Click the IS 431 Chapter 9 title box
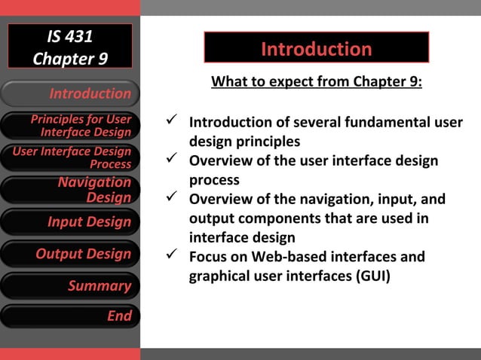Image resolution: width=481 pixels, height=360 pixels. coord(70,47)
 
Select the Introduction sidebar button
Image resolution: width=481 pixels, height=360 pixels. coord(70,93)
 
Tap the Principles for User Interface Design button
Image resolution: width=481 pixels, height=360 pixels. coord(70,126)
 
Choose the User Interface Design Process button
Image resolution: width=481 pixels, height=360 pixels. coord(70,157)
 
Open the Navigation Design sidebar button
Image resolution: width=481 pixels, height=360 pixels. coord(70,190)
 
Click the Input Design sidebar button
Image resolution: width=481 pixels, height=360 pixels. coord(70,222)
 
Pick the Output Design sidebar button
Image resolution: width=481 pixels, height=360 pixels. coord(70,254)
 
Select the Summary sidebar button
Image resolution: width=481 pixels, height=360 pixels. coord(70,285)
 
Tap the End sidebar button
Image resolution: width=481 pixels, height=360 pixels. coord(70,316)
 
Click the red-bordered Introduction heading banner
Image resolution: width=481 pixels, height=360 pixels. coord(316,49)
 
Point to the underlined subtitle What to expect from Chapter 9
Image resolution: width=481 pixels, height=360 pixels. coord(316,81)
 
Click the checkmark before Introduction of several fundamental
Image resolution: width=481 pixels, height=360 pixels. coord(172,121)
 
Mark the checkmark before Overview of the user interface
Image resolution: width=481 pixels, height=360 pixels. coord(172,160)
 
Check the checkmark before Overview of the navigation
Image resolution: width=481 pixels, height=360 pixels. coord(172,199)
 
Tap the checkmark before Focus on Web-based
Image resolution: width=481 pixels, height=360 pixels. coord(172,256)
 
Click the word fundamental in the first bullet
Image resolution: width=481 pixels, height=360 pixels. coord(391,122)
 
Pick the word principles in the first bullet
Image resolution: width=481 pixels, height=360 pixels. coord(264,142)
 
